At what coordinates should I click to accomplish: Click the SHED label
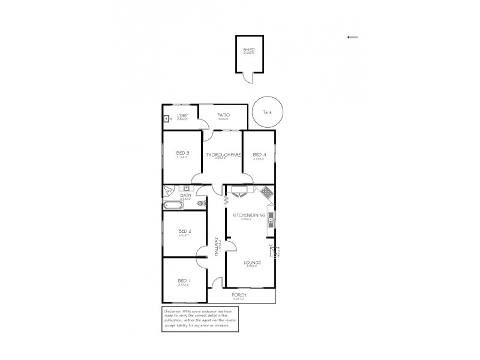(x=248, y=50)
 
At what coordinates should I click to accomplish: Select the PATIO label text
(x=223, y=115)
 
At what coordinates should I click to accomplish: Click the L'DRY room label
(x=182, y=115)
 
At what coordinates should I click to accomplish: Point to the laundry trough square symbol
(x=167, y=119)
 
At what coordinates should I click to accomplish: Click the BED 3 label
(x=182, y=153)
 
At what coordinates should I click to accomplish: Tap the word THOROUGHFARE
(x=223, y=154)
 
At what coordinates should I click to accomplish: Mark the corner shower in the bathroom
(x=169, y=191)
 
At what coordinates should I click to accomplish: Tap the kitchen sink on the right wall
(x=271, y=218)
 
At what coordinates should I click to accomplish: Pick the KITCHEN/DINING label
(x=245, y=215)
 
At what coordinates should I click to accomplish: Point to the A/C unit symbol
(x=277, y=251)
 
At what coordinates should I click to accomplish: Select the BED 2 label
(x=184, y=231)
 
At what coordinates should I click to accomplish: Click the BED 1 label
(x=184, y=281)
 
